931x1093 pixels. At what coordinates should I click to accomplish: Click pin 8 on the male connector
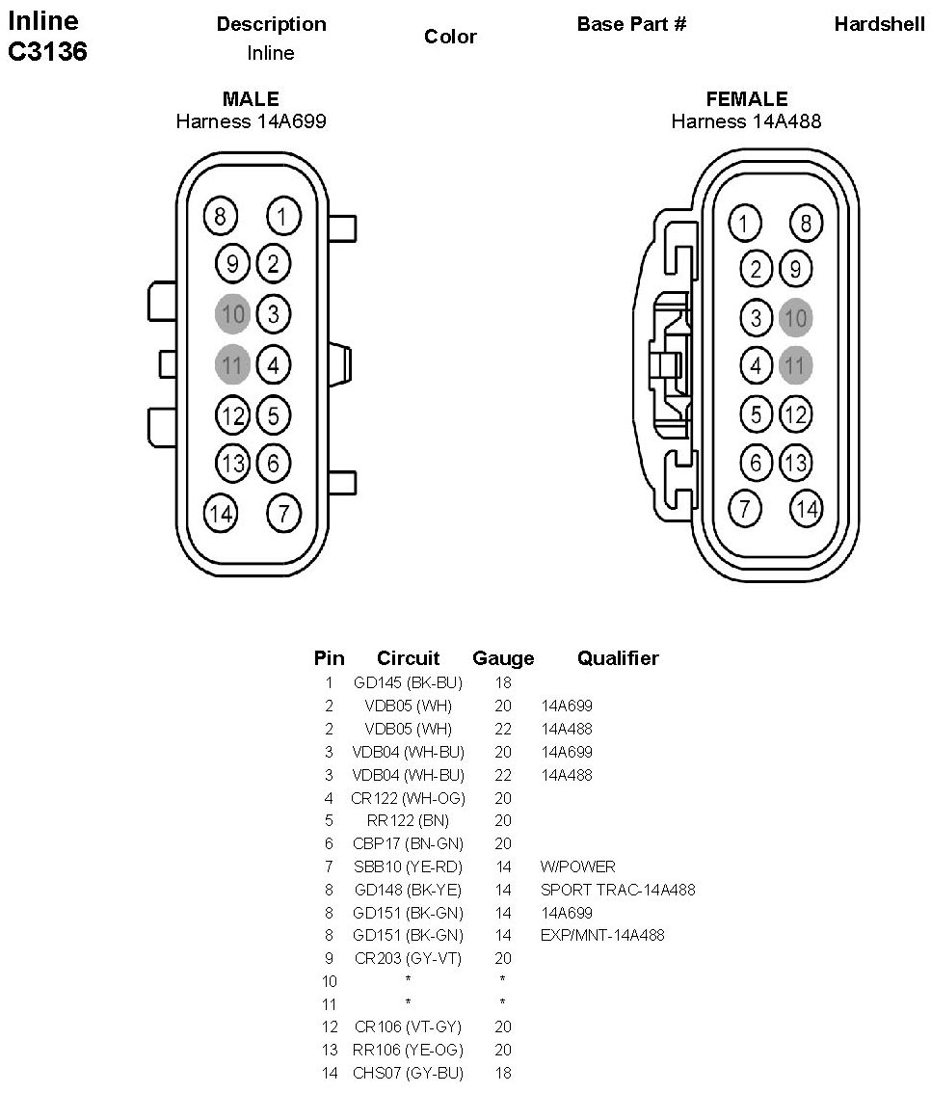(221, 216)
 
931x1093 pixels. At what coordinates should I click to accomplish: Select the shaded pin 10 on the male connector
(233, 313)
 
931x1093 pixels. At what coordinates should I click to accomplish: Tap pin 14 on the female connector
(806, 508)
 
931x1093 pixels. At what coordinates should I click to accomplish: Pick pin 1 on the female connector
(743, 224)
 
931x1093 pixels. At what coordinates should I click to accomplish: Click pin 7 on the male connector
(282, 512)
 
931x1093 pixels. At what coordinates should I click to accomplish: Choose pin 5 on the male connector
(274, 415)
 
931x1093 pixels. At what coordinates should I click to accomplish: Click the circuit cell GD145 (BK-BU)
(408, 682)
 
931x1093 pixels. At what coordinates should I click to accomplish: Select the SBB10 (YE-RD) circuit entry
(408, 866)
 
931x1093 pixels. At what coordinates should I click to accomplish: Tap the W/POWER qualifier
(577, 866)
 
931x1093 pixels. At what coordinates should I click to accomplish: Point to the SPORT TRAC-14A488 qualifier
(617, 890)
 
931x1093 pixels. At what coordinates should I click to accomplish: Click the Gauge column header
(503, 658)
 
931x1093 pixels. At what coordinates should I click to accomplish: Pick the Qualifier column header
(618, 658)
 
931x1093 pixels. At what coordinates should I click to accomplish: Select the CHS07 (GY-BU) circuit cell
(408, 1073)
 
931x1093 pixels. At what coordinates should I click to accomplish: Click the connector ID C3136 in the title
(48, 52)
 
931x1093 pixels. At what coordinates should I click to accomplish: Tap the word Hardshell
(879, 24)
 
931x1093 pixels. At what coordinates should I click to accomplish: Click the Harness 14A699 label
(251, 121)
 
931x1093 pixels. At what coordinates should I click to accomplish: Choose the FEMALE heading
(746, 98)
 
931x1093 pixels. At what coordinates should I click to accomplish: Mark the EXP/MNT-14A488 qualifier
(601, 935)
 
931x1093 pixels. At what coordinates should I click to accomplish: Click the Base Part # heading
(631, 24)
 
